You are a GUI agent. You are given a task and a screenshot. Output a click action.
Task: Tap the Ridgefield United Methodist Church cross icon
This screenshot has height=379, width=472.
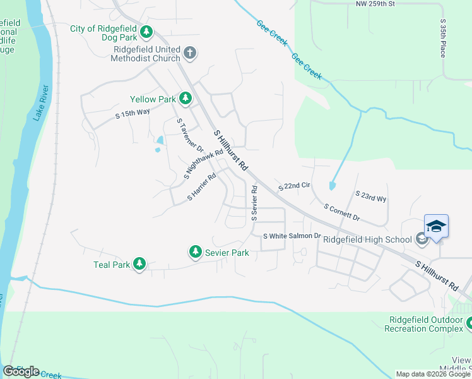[x=190, y=52]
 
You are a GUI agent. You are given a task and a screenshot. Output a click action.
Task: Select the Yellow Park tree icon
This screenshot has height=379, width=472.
[x=185, y=99]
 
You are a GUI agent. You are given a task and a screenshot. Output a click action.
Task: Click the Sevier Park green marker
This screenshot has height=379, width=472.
[x=196, y=253]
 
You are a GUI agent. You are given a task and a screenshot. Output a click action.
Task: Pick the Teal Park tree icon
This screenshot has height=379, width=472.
[x=139, y=264]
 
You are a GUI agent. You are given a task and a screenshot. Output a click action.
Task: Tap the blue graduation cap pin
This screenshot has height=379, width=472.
[x=437, y=227]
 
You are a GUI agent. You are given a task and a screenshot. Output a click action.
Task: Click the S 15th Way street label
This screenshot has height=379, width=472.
[x=133, y=114]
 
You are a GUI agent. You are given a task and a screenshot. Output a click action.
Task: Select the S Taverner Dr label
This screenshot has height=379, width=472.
[x=190, y=136]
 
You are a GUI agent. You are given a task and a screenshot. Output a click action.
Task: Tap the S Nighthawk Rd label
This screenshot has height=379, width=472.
[x=204, y=164]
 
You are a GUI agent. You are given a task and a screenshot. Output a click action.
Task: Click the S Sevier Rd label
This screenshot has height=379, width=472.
[x=254, y=202]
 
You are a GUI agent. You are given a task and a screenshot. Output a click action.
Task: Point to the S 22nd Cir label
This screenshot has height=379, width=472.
[x=294, y=186]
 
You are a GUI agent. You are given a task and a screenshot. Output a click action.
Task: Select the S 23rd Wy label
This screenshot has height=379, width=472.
[x=370, y=196]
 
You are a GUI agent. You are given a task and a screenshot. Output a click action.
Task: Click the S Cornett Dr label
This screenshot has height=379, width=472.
[x=341, y=212]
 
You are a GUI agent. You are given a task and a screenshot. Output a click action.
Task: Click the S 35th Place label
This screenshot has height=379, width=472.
[x=443, y=38]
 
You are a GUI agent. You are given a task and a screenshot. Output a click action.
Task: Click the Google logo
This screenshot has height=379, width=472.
[x=21, y=371]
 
